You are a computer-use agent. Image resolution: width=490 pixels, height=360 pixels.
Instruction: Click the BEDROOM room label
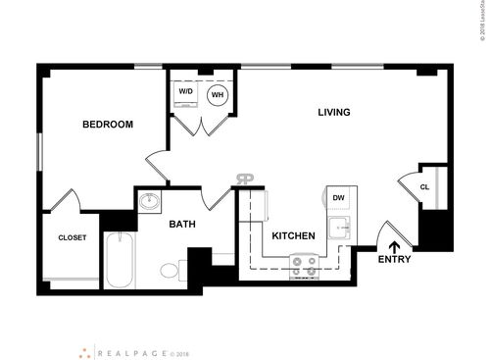[x=108, y=125]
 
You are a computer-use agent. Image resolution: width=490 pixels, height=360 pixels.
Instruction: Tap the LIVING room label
[x=333, y=112]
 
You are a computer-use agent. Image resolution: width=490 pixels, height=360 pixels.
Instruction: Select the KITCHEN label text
[x=293, y=236]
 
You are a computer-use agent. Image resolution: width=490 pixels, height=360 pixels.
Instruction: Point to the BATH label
[x=182, y=225]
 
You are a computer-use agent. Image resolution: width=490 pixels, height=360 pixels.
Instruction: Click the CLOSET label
[x=73, y=237]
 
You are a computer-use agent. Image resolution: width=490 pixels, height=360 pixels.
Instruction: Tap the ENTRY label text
[x=395, y=260]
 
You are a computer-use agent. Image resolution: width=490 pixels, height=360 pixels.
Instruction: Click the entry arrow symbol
[x=395, y=246]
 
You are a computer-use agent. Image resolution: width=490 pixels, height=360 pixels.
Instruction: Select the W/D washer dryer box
[x=186, y=94]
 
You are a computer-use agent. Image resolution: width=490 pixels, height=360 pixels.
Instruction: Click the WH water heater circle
[x=218, y=95]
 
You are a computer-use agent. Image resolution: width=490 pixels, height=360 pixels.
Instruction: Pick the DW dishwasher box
[x=338, y=199]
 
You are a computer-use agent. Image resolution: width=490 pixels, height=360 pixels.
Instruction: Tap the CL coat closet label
[x=424, y=187]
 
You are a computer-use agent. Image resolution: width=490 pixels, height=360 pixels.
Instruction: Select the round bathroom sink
[x=149, y=203]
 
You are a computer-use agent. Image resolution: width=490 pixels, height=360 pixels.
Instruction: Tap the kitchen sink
[x=341, y=232]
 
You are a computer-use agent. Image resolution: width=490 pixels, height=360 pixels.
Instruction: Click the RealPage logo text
[x=130, y=349]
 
